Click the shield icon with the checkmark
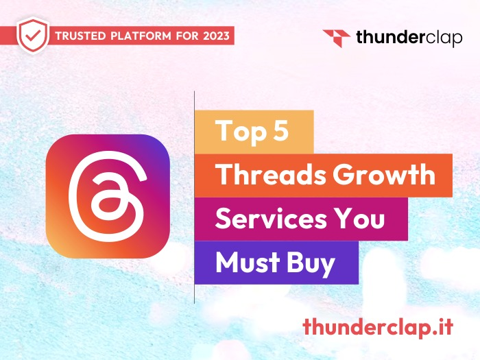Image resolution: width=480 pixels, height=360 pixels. tap(33, 36)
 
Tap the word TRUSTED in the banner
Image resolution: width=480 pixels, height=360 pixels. tap(80, 36)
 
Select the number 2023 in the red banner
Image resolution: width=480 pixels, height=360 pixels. tap(216, 36)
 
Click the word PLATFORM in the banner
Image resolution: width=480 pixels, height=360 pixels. tap(141, 36)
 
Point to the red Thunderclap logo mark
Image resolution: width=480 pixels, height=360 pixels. tap(337, 38)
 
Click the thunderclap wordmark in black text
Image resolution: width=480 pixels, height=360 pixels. tap(409, 38)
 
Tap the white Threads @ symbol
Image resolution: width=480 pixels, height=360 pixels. tap(108, 196)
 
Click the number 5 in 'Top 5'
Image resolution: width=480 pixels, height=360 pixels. tap(280, 130)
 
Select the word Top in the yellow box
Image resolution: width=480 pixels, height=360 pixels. tap(241, 132)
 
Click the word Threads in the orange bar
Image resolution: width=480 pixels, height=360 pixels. tap(271, 174)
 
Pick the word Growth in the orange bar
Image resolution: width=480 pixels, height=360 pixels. tap(384, 174)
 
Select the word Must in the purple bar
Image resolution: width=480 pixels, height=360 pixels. tap(248, 262)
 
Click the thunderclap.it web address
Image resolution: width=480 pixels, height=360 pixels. tap(378, 327)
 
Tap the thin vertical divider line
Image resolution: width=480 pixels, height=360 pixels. tap(194, 197)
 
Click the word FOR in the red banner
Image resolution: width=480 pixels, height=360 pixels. tap(187, 36)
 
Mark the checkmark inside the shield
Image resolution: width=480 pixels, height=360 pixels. tap(33, 36)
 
